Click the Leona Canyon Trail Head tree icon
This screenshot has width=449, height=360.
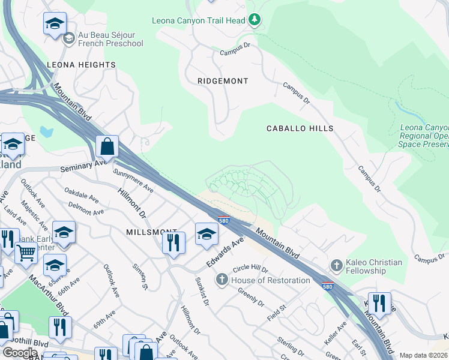click(255, 20)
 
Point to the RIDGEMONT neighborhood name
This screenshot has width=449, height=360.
click(223, 80)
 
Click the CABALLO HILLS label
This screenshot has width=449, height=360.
click(300, 128)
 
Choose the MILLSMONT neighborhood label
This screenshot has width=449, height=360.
click(151, 232)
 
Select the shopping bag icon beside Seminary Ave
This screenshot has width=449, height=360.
click(107, 146)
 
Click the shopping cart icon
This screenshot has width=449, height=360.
click(26, 254)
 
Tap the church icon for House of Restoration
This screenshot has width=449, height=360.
click(222, 280)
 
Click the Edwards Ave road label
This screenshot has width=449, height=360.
click(224, 253)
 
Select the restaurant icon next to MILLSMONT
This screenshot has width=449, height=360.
click(173, 242)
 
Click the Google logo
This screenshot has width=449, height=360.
click(20, 352)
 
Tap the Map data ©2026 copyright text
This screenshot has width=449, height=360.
click(423, 355)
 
